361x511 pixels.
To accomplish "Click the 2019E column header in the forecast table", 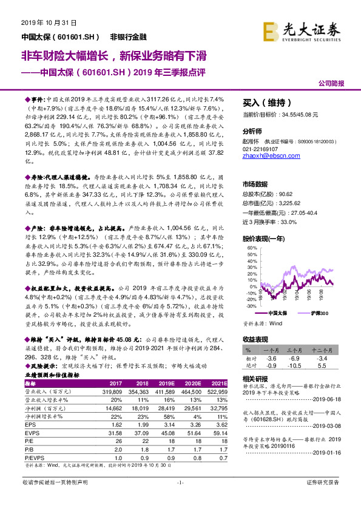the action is [167, 384].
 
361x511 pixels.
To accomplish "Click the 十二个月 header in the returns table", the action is [327, 351].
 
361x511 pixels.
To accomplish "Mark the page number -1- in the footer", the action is [180, 499].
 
